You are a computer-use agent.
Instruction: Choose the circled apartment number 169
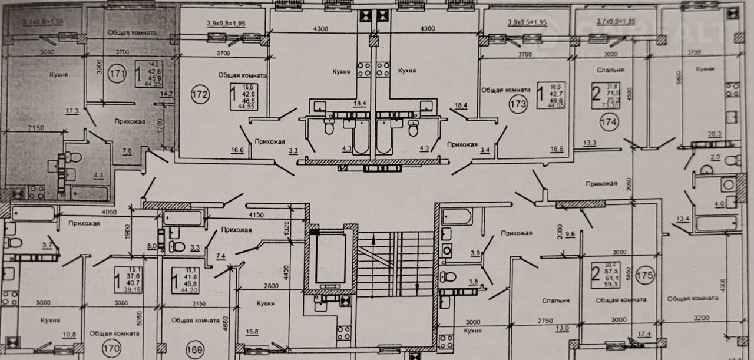tap(196, 351)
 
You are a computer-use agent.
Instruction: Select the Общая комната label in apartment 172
tap(243, 75)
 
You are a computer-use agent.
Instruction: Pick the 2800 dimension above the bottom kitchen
tap(272, 285)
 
